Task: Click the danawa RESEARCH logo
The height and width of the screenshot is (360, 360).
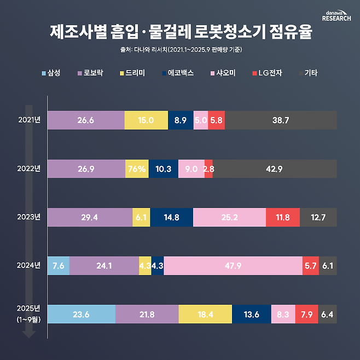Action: [336, 15]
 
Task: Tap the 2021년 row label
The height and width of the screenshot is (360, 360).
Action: [28, 120]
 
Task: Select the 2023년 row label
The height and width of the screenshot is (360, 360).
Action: [28, 217]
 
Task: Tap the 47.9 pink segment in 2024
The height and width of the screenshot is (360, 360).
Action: [233, 266]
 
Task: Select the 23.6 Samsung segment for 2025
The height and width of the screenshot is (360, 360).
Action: [82, 315]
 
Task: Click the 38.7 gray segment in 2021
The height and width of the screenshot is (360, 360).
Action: [281, 120]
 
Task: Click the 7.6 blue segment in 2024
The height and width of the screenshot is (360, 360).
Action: [59, 266]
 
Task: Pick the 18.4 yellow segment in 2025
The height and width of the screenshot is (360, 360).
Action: [205, 315]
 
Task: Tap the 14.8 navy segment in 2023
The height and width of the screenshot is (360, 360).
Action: [171, 217]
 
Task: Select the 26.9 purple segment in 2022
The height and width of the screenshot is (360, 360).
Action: [86, 169]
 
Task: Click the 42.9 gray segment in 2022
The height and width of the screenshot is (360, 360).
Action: [275, 169]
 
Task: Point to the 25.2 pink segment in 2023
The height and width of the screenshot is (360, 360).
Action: [229, 217]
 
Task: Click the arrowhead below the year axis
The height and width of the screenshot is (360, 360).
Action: [30, 347]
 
